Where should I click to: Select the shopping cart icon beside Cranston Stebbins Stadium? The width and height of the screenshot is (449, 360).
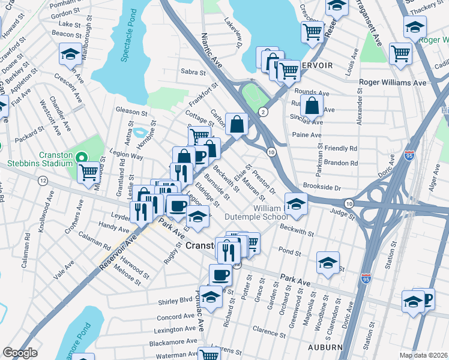point(88,172)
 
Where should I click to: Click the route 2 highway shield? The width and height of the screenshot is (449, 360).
point(263,112)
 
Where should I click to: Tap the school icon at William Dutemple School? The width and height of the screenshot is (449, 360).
point(296,204)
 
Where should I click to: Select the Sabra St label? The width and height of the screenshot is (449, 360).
point(193,72)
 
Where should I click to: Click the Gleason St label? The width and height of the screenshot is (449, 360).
point(131,112)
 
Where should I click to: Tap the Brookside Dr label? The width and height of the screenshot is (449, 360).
point(322,187)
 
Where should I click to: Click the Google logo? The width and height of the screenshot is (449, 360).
point(20,353)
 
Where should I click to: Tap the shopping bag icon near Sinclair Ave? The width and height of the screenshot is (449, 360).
point(313,106)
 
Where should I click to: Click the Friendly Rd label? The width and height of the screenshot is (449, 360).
point(340,148)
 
